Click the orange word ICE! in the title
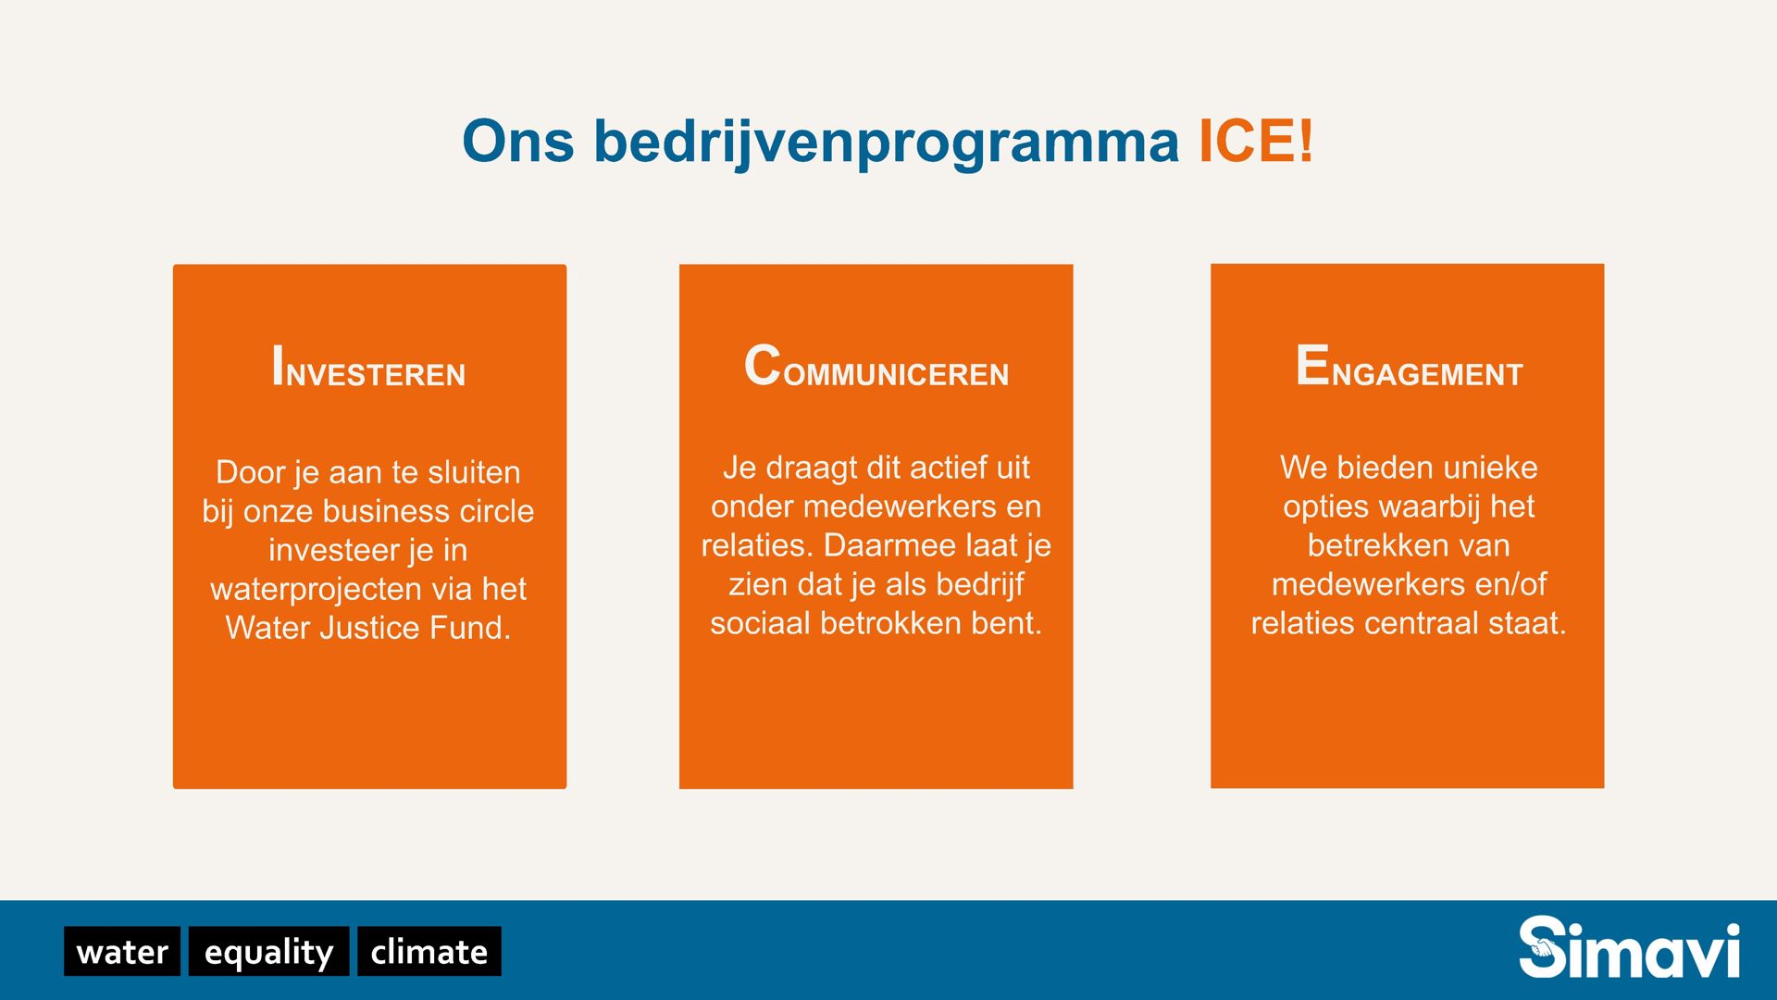coord(1256,142)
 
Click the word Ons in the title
coord(518,142)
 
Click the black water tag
coord(122,951)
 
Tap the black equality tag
coord(268,951)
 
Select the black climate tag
coord(429,951)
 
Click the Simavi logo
coord(1629,947)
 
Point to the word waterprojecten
coord(317,590)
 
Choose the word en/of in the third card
coord(1510,584)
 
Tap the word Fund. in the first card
coord(470,628)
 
